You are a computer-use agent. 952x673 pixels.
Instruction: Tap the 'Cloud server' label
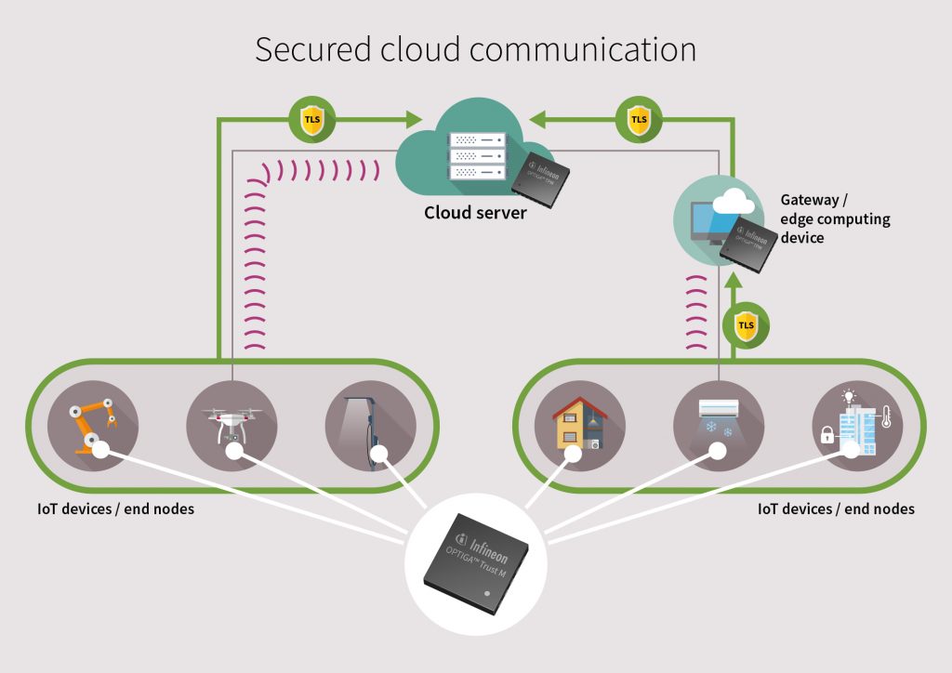(475, 213)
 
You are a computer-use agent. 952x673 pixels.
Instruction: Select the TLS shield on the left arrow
(312, 120)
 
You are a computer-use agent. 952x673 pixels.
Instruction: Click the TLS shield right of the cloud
(639, 119)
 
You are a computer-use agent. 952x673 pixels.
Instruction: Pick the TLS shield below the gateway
(745, 325)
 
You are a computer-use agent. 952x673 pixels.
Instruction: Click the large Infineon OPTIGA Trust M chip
(477, 558)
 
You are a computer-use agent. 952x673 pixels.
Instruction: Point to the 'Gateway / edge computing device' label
(834, 218)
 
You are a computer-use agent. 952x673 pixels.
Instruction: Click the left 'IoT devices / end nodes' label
(115, 508)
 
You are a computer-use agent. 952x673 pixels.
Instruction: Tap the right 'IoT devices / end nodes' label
(836, 508)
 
